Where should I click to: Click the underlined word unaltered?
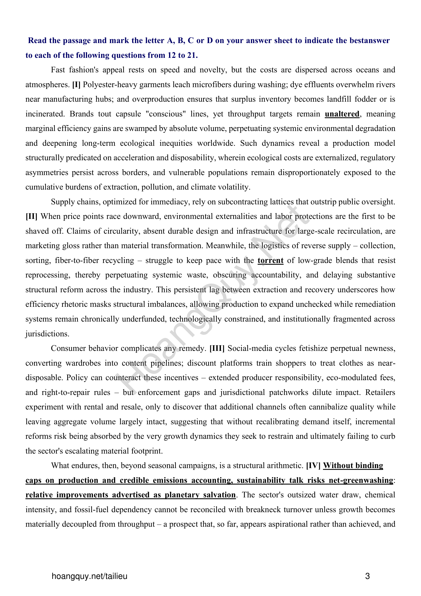pos(342,114)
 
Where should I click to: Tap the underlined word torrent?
pos(270,260)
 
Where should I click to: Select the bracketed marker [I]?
pos(76,85)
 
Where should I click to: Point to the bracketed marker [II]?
pos(31,216)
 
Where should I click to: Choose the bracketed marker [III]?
pos(217,348)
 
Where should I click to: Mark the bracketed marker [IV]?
pos(313,466)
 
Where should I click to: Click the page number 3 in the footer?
pos(367,576)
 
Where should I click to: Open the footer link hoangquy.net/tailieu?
pos(89,576)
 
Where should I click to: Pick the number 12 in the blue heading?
pos(172,55)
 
